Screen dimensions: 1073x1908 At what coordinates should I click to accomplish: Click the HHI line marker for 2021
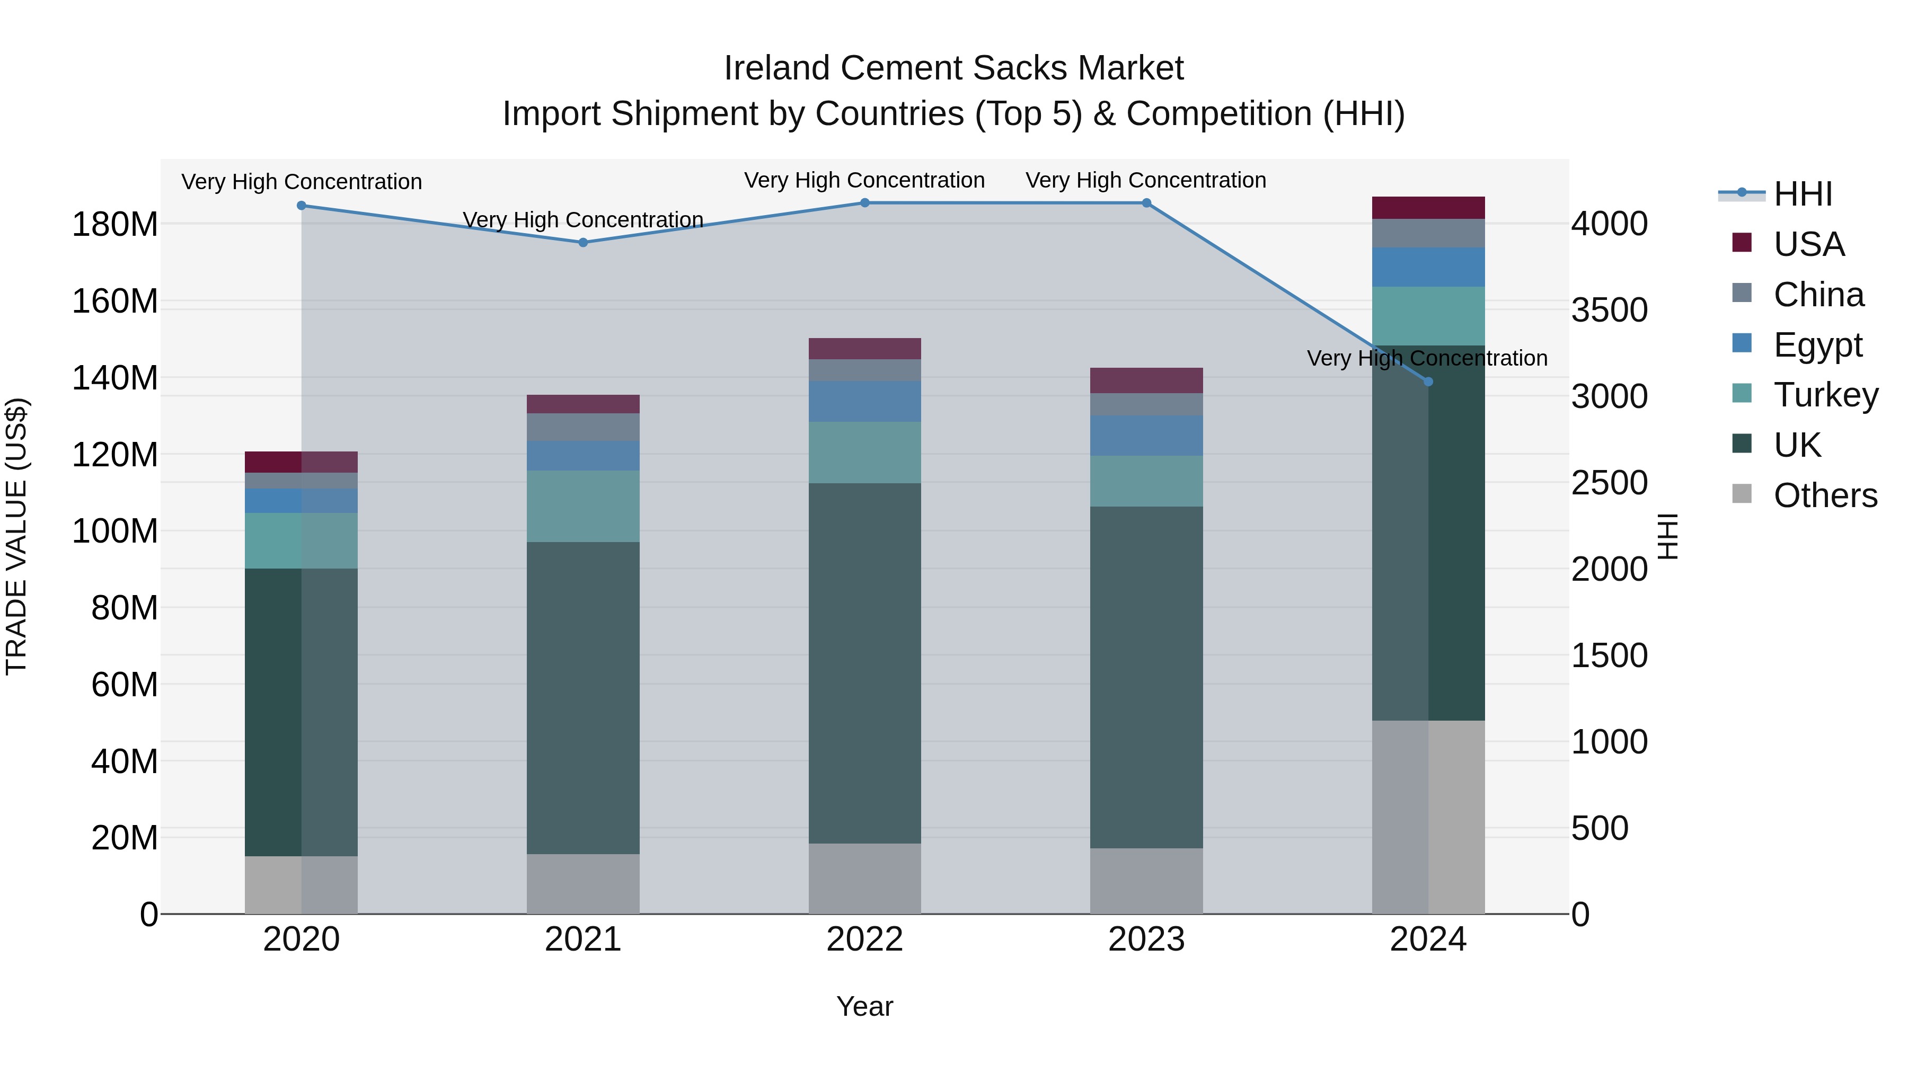coord(583,242)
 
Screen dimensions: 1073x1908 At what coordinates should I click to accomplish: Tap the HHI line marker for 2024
coord(1428,382)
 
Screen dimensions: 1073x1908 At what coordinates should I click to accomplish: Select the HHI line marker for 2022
coord(864,203)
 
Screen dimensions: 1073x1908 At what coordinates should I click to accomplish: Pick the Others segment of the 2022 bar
coord(864,878)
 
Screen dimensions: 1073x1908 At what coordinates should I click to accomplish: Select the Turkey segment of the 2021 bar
coord(583,506)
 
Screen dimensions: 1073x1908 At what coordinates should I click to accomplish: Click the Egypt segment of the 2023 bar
coord(1146,436)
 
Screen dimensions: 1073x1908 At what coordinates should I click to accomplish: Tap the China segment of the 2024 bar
coord(1428,233)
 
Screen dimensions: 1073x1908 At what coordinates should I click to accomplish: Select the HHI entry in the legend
coord(1802,194)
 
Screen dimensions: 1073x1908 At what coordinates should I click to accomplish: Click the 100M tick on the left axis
coord(115,531)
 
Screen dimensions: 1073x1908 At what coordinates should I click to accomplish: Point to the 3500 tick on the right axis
coord(1609,311)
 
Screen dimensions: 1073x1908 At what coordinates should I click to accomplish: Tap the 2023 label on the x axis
coord(1146,939)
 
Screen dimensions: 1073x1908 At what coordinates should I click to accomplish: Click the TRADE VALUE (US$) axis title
coord(16,536)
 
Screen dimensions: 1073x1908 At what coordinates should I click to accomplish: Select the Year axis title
coord(864,1006)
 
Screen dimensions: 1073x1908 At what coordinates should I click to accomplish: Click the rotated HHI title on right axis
coord(1667,536)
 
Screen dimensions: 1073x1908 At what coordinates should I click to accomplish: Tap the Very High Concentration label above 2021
coord(583,220)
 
